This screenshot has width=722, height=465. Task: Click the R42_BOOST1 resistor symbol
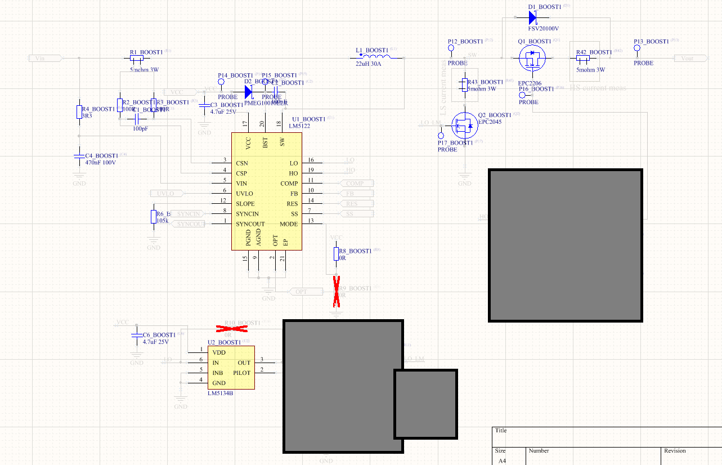click(x=583, y=58)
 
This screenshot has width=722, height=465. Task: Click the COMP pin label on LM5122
click(x=289, y=184)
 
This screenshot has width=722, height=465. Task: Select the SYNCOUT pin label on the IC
click(x=250, y=224)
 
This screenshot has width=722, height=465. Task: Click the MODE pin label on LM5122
click(x=289, y=224)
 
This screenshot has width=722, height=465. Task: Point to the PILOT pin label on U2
click(x=242, y=373)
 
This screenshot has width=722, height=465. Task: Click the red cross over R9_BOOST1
click(x=337, y=291)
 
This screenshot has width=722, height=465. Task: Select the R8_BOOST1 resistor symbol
click(x=337, y=254)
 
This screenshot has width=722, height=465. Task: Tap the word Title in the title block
click(x=501, y=431)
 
